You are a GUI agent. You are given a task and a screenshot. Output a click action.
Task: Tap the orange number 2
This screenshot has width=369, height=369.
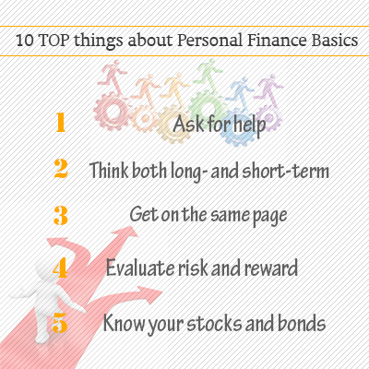coord(61,170)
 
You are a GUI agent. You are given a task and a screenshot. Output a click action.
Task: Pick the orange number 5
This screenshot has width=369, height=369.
coord(61,323)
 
